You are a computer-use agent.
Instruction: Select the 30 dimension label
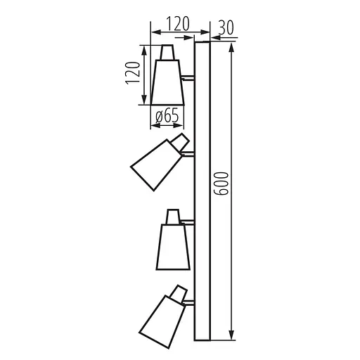[x=226, y=27]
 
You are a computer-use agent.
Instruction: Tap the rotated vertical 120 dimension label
[x=131, y=72]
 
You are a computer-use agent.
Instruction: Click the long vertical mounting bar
[x=202, y=190]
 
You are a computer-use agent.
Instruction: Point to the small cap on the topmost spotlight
[x=167, y=53]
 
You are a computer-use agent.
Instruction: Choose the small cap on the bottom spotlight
[x=179, y=290]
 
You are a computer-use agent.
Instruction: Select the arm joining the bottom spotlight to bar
[x=188, y=302]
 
